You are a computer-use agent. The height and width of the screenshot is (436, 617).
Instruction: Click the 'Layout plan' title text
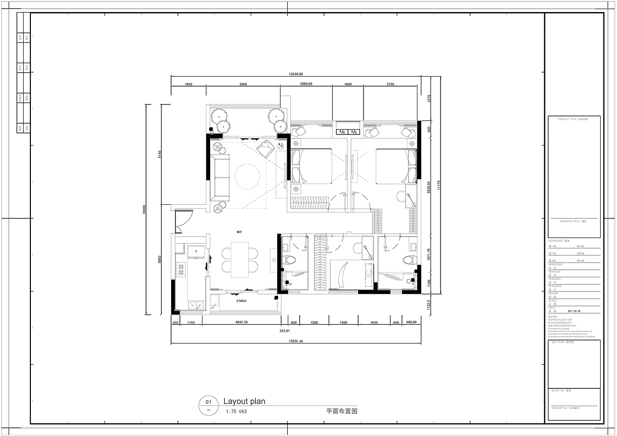tap(244, 401)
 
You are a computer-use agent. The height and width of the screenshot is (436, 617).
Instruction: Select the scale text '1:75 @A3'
tap(236, 412)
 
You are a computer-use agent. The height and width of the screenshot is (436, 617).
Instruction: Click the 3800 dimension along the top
tap(243, 84)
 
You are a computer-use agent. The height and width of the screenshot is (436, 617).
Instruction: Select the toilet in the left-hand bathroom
tap(291, 260)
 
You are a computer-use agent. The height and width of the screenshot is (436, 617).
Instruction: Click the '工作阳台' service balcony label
tap(241, 301)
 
